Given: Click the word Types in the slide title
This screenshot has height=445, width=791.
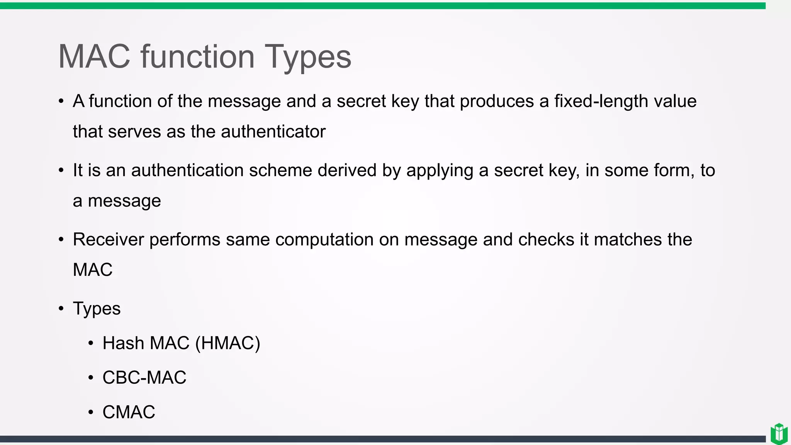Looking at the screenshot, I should click(x=307, y=57).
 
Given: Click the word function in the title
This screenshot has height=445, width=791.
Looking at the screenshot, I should click(x=197, y=56).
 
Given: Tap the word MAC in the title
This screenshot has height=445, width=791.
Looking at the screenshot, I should click(x=94, y=56).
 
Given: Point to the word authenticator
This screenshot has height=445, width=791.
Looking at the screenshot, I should click(x=273, y=132).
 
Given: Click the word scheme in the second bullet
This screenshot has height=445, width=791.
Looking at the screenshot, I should click(x=280, y=170).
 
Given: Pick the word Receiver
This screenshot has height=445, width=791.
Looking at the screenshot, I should click(x=108, y=239).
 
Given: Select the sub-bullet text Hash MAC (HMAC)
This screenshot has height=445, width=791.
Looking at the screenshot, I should click(x=181, y=343).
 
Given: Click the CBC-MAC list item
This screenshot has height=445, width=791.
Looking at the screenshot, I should click(x=144, y=377).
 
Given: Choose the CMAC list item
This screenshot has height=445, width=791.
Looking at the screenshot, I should click(x=129, y=412).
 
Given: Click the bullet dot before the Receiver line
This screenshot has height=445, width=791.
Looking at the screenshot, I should click(x=61, y=240).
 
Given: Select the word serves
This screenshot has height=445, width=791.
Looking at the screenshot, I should click(x=134, y=132).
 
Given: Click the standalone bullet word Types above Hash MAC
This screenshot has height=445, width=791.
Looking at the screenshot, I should click(x=97, y=309).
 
